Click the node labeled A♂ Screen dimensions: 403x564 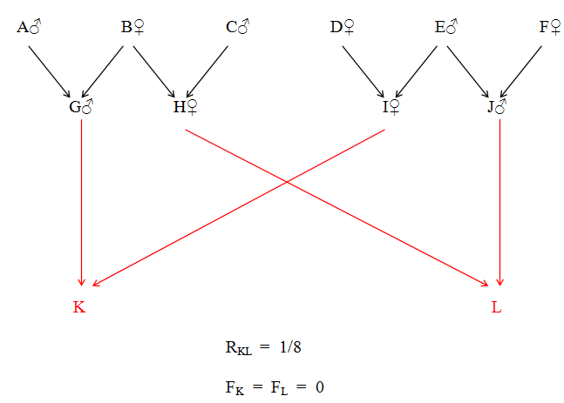[x=29, y=28]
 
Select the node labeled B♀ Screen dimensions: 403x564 [x=133, y=28]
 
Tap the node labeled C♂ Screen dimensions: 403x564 [x=237, y=28]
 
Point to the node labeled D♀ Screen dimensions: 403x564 [x=342, y=28]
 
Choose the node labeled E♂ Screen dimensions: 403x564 [x=446, y=28]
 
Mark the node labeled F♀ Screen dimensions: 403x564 [x=550, y=28]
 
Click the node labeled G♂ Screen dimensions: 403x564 [x=81, y=107]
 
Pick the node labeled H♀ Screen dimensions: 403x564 [x=186, y=107]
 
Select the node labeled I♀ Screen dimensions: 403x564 [x=391, y=107]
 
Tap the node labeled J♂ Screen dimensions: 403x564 [x=497, y=107]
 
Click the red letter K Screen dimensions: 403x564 [x=79, y=308]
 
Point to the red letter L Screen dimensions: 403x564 [x=497, y=308]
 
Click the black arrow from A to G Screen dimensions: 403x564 [x=50, y=71]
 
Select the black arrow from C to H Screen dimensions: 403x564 [x=207, y=71]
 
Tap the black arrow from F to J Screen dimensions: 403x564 [x=520, y=71]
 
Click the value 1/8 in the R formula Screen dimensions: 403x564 [x=290, y=347]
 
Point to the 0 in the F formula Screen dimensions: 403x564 [x=320, y=386]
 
